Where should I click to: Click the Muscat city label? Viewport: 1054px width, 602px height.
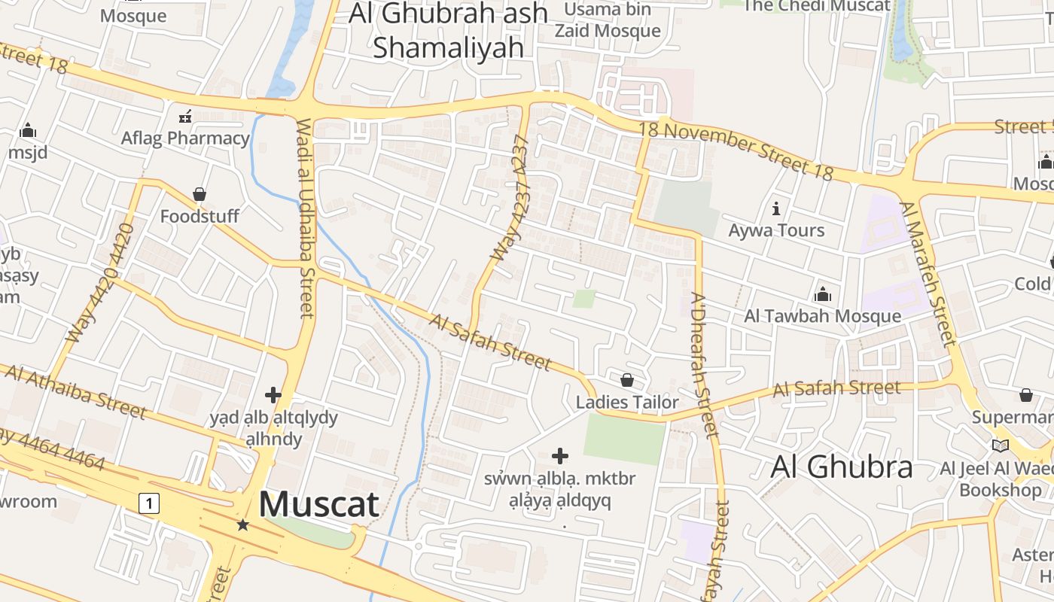pyautogui.click(x=318, y=504)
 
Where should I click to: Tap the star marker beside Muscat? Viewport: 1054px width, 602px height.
pyautogui.click(x=242, y=524)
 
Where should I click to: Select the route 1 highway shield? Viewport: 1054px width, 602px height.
pyautogui.click(x=150, y=503)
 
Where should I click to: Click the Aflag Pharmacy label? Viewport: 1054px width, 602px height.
pyautogui.click(x=185, y=138)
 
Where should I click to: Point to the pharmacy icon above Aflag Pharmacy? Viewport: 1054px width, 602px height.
pyautogui.click(x=184, y=117)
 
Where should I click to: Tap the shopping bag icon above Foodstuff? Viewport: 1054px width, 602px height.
pyautogui.click(x=200, y=195)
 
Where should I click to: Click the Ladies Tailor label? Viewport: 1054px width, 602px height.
pyautogui.click(x=627, y=403)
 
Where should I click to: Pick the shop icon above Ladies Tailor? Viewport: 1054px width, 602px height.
pyautogui.click(x=627, y=381)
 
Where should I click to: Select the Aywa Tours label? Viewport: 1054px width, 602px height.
pyautogui.click(x=776, y=230)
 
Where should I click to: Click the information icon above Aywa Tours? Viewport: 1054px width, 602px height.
pyautogui.click(x=776, y=208)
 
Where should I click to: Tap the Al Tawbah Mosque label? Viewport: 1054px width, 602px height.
pyautogui.click(x=822, y=316)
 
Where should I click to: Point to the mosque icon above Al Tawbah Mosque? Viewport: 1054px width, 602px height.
pyautogui.click(x=823, y=293)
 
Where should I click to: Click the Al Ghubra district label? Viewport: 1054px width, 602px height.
pyautogui.click(x=841, y=467)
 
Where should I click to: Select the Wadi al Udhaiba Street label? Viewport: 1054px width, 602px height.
pyautogui.click(x=305, y=218)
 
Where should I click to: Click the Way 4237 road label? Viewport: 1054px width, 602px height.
pyautogui.click(x=510, y=199)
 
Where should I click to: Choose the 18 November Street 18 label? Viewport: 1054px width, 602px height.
pyautogui.click(x=736, y=150)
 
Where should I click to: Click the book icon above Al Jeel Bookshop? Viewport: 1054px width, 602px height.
pyautogui.click(x=1000, y=446)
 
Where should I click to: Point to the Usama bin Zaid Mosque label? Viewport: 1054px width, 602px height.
pyautogui.click(x=608, y=20)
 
